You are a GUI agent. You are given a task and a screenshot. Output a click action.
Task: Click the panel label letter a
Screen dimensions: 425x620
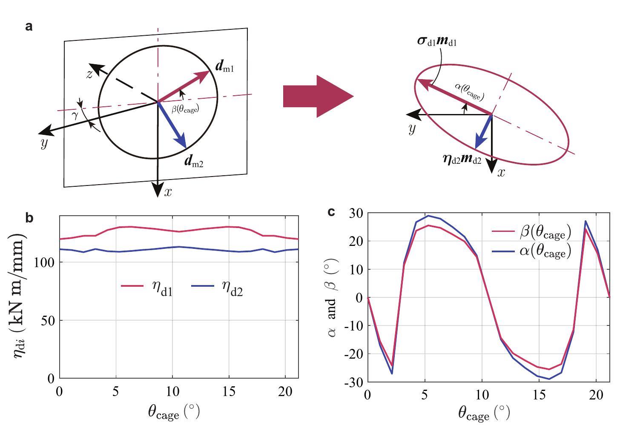click(x=29, y=26)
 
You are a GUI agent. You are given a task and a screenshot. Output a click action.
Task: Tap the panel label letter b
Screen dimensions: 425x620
click(x=29, y=218)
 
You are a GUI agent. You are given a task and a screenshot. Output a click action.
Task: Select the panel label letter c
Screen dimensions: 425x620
click(x=332, y=211)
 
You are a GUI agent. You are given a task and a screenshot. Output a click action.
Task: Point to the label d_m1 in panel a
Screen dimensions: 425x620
click(x=224, y=67)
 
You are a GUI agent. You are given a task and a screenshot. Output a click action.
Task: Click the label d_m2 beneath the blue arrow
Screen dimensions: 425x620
click(x=194, y=162)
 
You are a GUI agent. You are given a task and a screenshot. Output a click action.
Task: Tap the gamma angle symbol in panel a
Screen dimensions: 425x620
click(x=75, y=115)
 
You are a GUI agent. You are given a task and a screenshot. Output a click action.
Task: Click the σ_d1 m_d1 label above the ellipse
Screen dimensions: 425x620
click(x=437, y=41)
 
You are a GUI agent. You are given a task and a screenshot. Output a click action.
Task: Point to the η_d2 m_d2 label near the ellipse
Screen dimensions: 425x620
click(x=462, y=159)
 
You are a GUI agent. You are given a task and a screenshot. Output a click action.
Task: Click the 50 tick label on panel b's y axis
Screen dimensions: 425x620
click(x=49, y=321)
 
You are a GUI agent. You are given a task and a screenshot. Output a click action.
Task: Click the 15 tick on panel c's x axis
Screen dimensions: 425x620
click(x=539, y=394)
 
